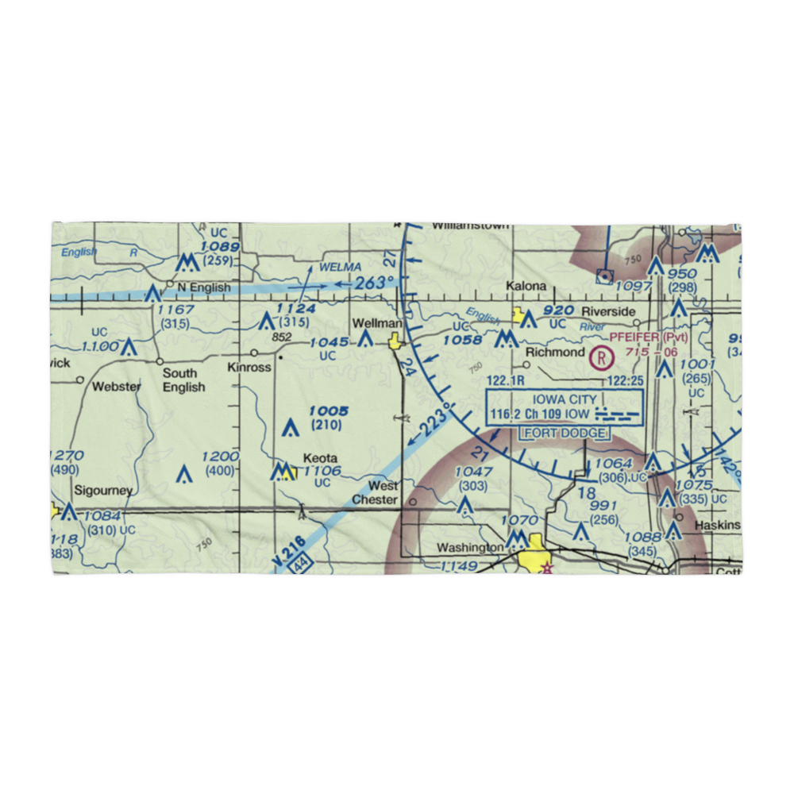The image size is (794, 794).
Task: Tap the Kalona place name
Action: pos(527,286)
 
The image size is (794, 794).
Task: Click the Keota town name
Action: pos(320,458)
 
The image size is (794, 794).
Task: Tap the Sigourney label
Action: pos(103,491)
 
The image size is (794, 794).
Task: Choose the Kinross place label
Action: pos(249,368)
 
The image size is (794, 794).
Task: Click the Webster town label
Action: pos(117,387)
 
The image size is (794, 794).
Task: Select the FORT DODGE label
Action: pos(564,434)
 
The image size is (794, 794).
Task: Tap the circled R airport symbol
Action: pos(602,358)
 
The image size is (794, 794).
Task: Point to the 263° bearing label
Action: pos(373,283)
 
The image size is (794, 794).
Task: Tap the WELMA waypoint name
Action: pos(340,267)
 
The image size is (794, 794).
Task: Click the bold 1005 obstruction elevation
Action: pos(329,411)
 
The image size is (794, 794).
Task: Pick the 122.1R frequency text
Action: pos(508,382)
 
